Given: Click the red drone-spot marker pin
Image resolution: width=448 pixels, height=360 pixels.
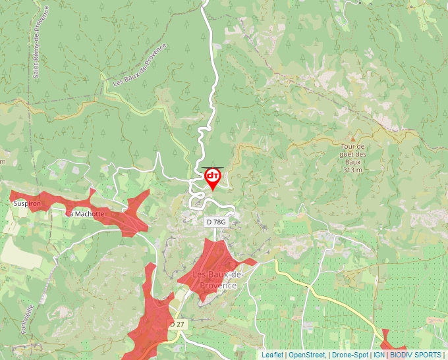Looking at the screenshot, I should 213,178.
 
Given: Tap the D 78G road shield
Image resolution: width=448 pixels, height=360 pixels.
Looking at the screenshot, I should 215,222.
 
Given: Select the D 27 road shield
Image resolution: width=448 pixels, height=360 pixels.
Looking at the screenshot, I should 177,324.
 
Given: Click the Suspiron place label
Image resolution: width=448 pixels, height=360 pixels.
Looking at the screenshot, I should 27,204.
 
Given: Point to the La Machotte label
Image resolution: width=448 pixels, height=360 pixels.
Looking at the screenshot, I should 85,214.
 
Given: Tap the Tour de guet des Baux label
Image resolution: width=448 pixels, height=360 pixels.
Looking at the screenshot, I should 353,154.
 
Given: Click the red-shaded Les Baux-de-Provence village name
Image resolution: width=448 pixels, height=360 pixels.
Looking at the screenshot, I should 217,280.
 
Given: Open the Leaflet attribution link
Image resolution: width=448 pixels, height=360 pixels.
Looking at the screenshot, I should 272,355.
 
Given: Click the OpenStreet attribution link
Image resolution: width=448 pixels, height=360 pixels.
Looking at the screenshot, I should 307,355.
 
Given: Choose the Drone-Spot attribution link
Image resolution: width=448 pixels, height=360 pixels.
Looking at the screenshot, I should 350,355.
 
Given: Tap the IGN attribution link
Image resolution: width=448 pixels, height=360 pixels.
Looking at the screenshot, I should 379,355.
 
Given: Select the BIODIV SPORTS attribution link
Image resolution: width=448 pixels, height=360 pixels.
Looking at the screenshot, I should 415,355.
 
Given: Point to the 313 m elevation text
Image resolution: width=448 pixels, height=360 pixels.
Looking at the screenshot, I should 353,170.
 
